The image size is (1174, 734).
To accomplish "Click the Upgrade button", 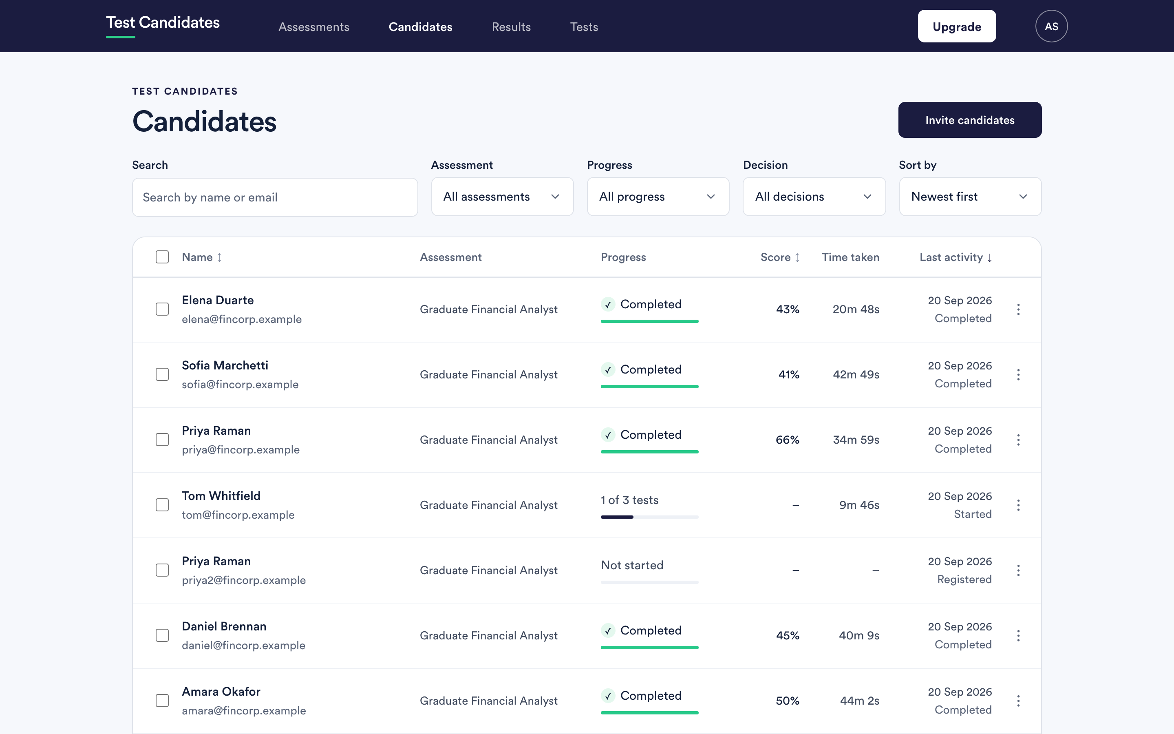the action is tap(957, 26).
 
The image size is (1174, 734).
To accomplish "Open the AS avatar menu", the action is tap(1051, 26).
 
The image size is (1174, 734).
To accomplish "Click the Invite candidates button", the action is tap(970, 120).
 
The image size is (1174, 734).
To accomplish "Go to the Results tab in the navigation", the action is tap(511, 27).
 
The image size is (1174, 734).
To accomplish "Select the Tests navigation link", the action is tap(584, 27).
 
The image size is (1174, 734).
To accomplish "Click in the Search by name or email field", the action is tap(275, 197).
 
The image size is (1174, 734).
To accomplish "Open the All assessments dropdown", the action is tap(502, 197).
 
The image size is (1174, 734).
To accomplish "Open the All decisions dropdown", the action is tap(814, 197).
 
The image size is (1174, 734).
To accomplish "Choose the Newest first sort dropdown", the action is tap(970, 197).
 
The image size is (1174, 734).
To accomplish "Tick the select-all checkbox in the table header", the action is tap(162, 257).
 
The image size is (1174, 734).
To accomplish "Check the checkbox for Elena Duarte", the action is tap(162, 309).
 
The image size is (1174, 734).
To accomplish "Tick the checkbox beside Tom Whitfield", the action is tap(162, 505).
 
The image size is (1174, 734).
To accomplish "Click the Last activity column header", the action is tap(956, 257).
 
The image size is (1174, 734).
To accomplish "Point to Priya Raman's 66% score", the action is tap(788, 440).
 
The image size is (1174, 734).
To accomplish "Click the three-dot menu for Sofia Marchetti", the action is tap(1018, 375).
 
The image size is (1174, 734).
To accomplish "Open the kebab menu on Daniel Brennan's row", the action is tap(1018, 635).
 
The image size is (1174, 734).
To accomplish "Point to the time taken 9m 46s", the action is tap(859, 505).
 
